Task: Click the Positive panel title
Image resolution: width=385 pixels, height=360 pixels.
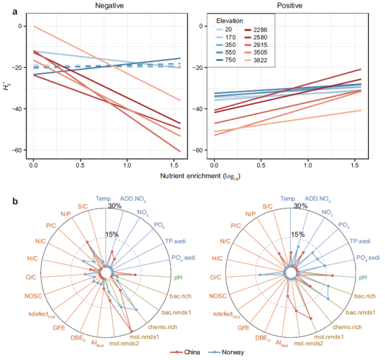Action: coord(285,5)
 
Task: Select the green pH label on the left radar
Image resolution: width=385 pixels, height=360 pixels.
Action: coord(178,277)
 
